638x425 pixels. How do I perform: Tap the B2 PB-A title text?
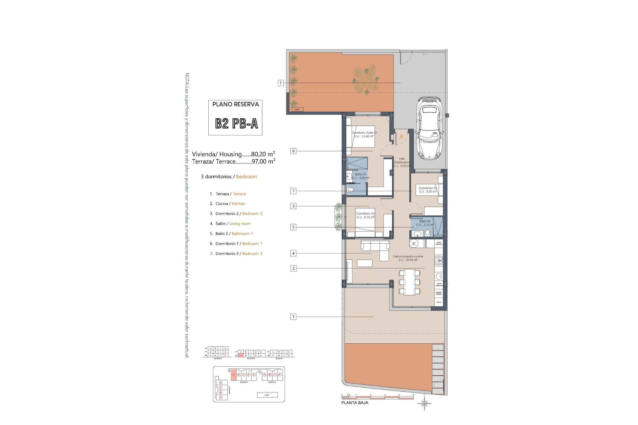(x=236, y=124)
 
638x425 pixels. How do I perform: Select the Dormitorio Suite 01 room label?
(x=365, y=134)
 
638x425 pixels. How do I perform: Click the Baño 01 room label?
(x=361, y=176)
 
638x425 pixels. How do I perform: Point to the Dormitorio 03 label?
(x=428, y=190)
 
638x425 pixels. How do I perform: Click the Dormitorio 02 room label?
(x=365, y=215)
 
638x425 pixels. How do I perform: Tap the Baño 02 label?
(x=425, y=223)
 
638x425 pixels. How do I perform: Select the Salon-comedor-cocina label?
(x=408, y=258)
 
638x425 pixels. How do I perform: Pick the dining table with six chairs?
(x=409, y=282)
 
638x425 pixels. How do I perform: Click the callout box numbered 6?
(x=293, y=151)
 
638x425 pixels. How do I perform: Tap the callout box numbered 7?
(x=293, y=191)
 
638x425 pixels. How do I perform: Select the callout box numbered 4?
(x=293, y=253)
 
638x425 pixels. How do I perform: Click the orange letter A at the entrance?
(x=401, y=137)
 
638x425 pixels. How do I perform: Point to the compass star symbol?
(x=425, y=404)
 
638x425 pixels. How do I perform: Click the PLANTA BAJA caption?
(x=355, y=403)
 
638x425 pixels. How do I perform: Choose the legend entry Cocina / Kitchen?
(x=230, y=204)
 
